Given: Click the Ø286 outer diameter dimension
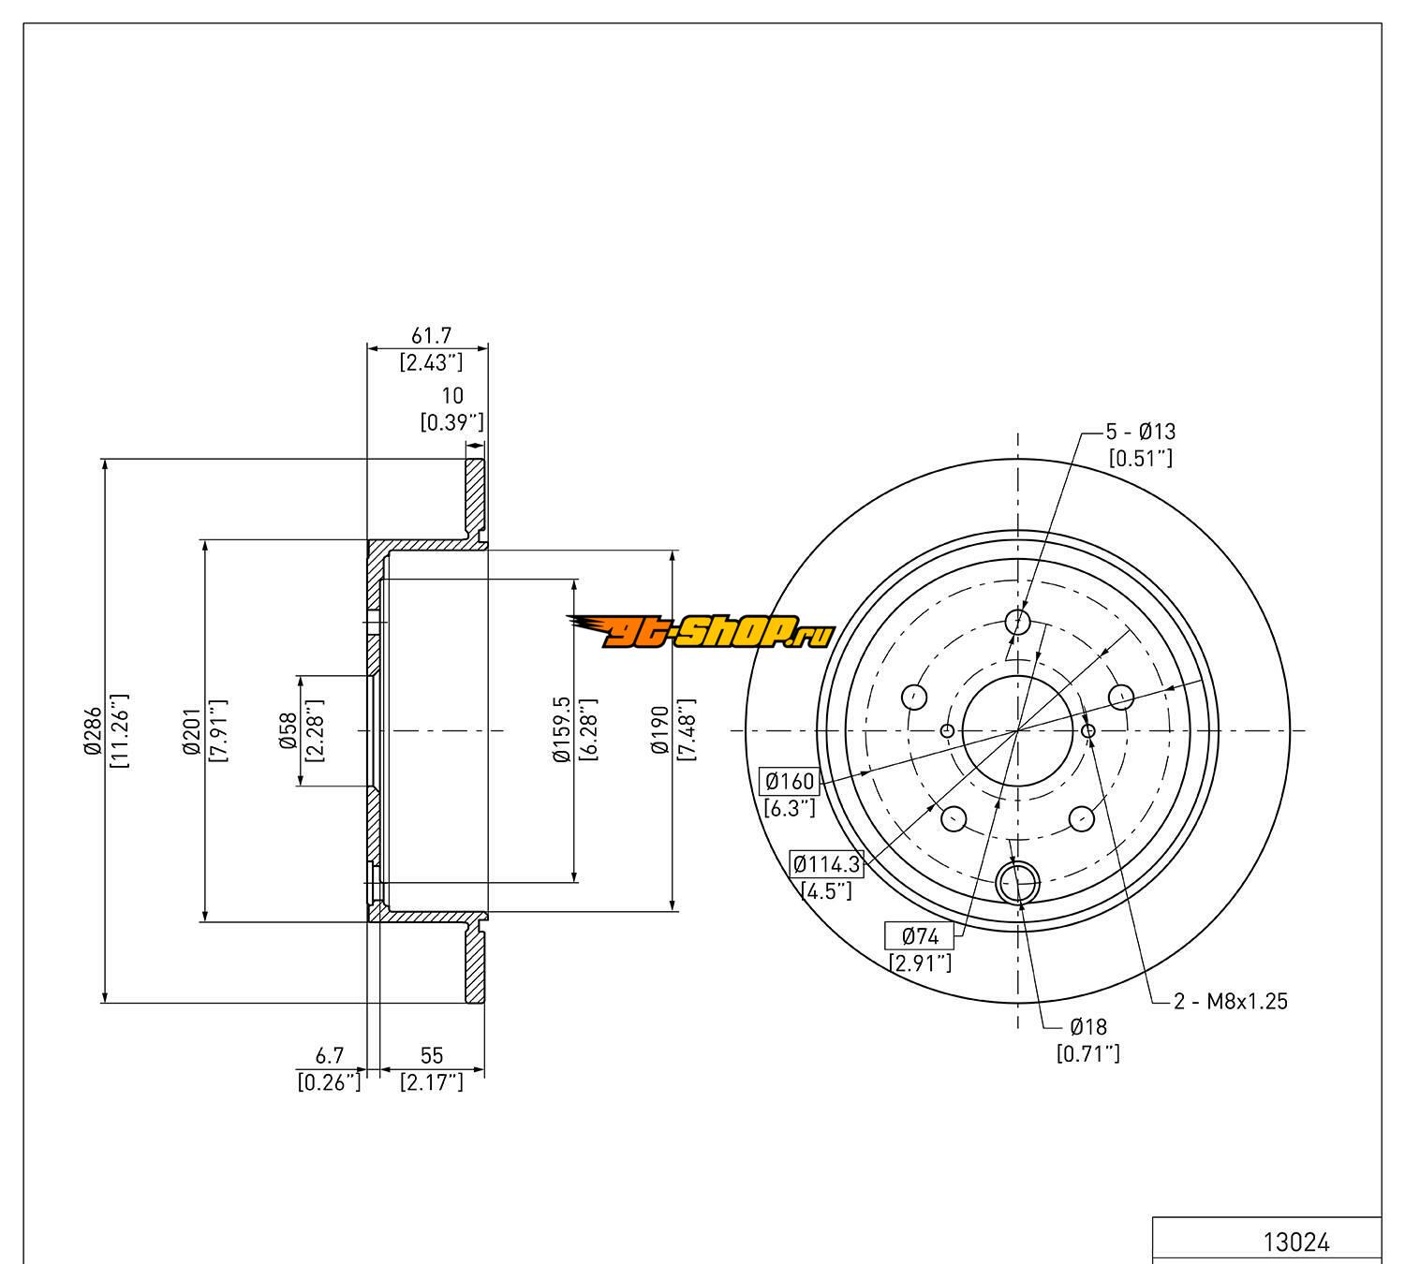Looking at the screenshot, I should click(x=92, y=730).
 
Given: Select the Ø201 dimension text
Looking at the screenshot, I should click(x=191, y=730).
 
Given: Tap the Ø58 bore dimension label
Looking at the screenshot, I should click(x=288, y=730).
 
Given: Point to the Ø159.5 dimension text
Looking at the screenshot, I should click(x=562, y=730).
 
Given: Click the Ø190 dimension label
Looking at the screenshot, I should click(x=661, y=730).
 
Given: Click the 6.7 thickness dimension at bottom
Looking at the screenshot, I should click(x=328, y=1056).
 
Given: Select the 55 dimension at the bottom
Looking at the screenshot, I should click(x=431, y=1056).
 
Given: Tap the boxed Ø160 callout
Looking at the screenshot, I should click(x=789, y=781).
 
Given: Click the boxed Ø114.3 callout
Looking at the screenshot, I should click(x=826, y=863).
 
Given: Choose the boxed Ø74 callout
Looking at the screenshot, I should click(x=920, y=935).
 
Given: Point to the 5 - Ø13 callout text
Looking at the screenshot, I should click(x=1140, y=432).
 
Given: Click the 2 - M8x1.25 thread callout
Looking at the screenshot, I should click(x=1231, y=1001).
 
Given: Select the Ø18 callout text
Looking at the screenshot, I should click(x=1087, y=1027).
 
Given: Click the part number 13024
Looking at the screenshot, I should click(x=1296, y=1242).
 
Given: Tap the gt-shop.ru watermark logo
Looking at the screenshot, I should click(x=701, y=634).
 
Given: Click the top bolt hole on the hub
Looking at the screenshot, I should click(x=1017, y=622).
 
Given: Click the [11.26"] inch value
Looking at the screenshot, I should click(x=120, y=730).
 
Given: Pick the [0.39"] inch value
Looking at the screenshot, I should click(x=451, y=421).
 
